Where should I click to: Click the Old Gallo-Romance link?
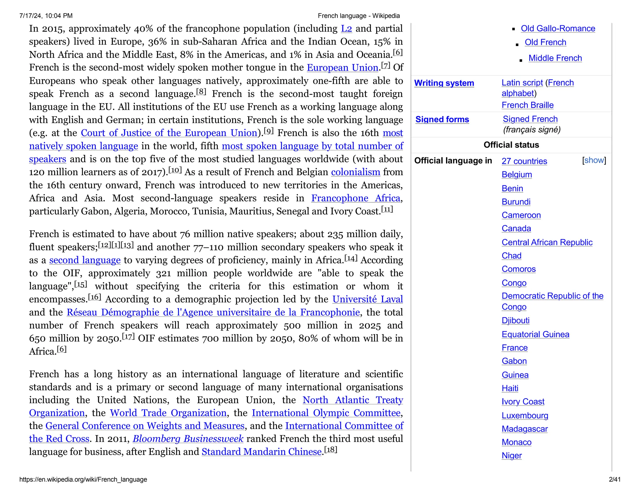(558, 28)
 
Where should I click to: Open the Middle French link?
(555, 58)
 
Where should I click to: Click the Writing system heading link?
(444, 83)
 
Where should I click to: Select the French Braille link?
(527, 105)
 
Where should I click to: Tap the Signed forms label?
(442, 120)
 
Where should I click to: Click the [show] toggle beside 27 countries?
(594, 161)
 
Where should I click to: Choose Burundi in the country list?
(516, 202)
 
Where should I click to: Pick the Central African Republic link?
(547, 242)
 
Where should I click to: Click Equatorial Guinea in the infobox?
(535, 334)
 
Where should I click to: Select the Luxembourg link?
(525, 416)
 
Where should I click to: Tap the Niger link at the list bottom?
(511, 456)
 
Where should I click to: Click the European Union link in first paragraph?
(342, 68)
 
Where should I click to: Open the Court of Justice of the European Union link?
(169, 133)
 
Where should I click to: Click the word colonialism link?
(355, 172)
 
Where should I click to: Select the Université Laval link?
(367, 299)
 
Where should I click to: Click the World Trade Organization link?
(168, 413)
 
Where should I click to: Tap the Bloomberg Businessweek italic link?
(188, 439)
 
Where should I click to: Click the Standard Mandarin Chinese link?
(262, 452)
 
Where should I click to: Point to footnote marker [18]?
(331, 450)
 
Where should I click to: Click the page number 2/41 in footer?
(614, 479)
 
